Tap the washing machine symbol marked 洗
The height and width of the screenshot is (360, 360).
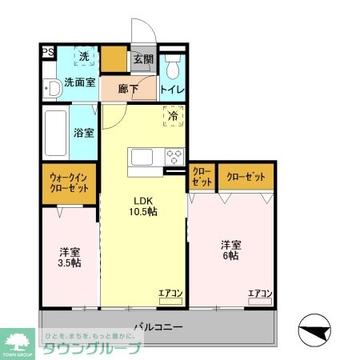85,57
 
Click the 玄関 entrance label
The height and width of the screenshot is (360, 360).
143,58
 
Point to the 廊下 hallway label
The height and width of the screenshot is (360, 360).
128,89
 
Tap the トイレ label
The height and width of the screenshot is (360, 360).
173,90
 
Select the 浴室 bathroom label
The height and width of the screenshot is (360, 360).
85,132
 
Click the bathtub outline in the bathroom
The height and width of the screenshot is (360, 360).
56,133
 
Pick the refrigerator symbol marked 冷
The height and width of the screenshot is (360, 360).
174,117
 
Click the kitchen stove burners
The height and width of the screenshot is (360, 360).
174,155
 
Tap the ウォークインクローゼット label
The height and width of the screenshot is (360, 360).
70,182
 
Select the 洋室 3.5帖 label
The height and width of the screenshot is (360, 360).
69,255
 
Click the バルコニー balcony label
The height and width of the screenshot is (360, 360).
158,327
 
